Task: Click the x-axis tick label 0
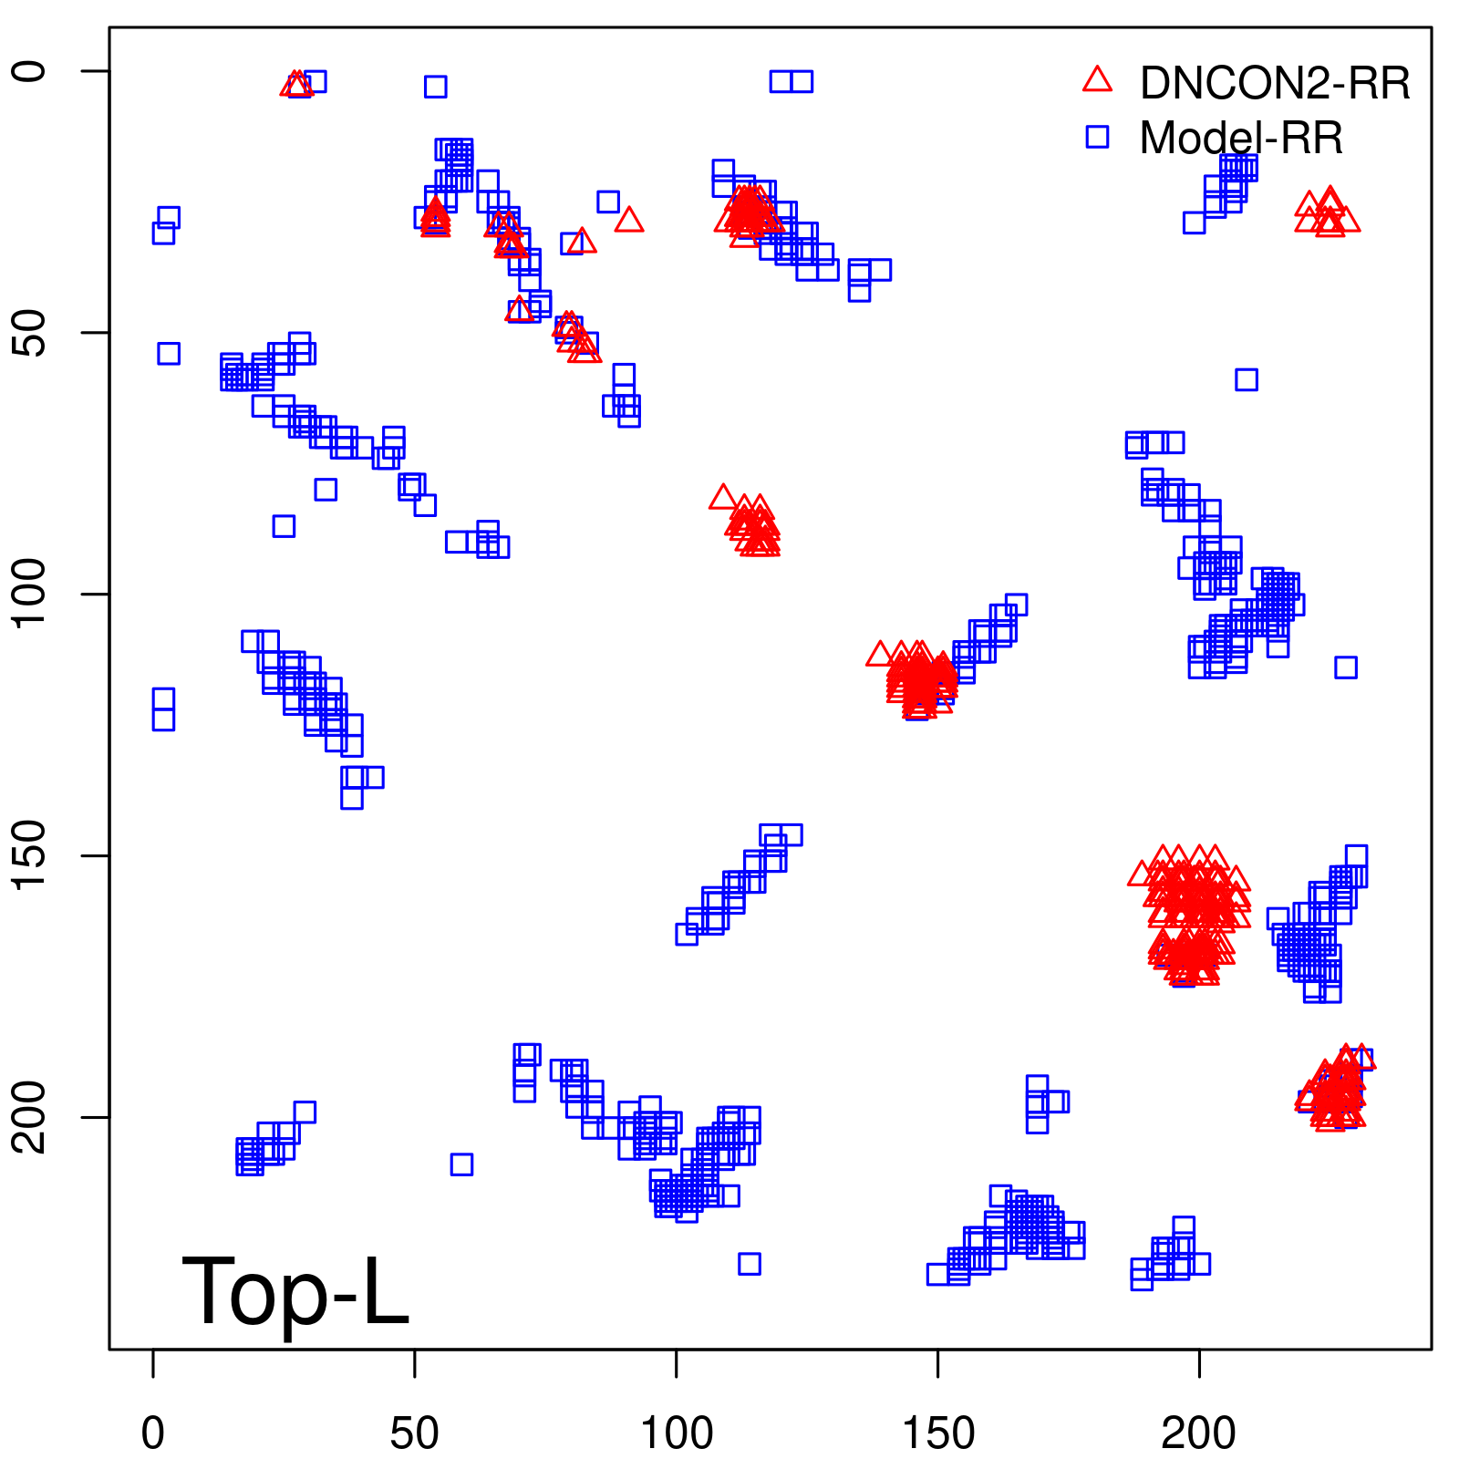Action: tap(153, 1433)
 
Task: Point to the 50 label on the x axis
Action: tap(414, 1433)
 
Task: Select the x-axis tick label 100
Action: tap(676, 1433)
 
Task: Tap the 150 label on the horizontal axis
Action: tap(937, 1433)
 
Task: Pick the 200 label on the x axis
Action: tap(1198, 1433)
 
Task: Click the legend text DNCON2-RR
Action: tap(1274, 84)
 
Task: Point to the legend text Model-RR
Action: tap(1241, 139)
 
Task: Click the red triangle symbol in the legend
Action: tap(1097, 80)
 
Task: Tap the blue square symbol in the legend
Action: tap(1097, 137)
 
